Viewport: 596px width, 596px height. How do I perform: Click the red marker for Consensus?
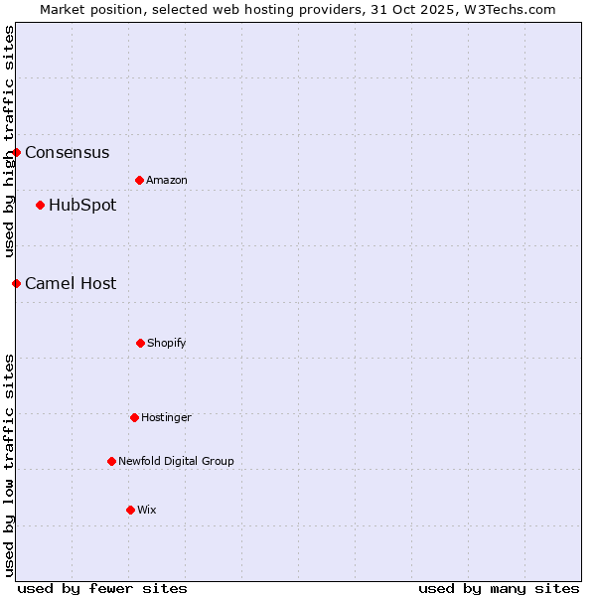click(x=17, y=152)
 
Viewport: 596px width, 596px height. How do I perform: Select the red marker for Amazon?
click(x=139, y=180)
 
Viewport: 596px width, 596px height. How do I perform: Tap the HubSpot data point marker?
click(x=40, y=205)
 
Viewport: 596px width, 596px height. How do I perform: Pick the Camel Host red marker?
click(x=17, y=283)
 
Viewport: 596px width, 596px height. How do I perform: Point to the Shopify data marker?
click(x=140, y=343)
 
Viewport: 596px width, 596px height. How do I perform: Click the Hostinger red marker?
click(x=134, y=417)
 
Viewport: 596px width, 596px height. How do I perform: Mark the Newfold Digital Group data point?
click(x=111, y=461)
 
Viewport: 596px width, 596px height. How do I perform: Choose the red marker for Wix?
click(x=130, y=510)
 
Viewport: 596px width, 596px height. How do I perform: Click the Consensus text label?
click(x=68, y=153)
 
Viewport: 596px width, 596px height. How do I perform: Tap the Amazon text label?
click(x=167, y=181)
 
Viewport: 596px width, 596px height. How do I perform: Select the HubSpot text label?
click(x=82, y=206)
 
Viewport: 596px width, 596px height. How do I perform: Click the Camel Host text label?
click(x=71, y=284)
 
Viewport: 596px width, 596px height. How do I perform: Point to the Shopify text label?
click(x=167, y=344)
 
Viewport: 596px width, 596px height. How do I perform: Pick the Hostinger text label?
click(x=166, y=418)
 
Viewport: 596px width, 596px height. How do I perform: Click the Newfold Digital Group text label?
click(x=177, y=462)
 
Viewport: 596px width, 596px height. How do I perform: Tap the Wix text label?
click(x=147, y=511)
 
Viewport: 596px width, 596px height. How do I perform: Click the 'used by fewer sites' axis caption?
click(x=102, y=589)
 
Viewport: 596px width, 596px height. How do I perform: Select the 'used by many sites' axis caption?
click(x=499, y=589)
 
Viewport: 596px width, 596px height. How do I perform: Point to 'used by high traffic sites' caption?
click(x=9, y=142)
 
